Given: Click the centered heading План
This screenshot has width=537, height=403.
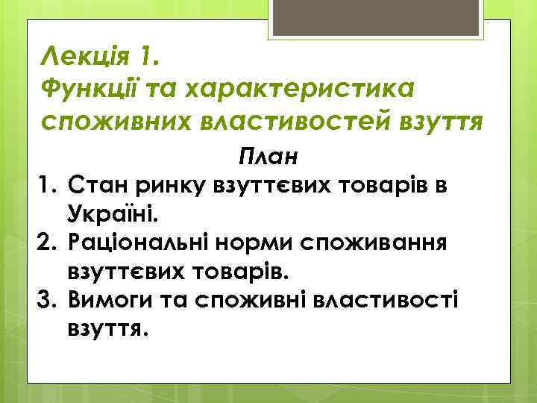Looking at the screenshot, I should pos(268,157).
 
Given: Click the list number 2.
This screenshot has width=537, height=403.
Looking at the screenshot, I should pos(45,242).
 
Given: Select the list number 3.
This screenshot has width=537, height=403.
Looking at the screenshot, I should pos(45,299).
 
